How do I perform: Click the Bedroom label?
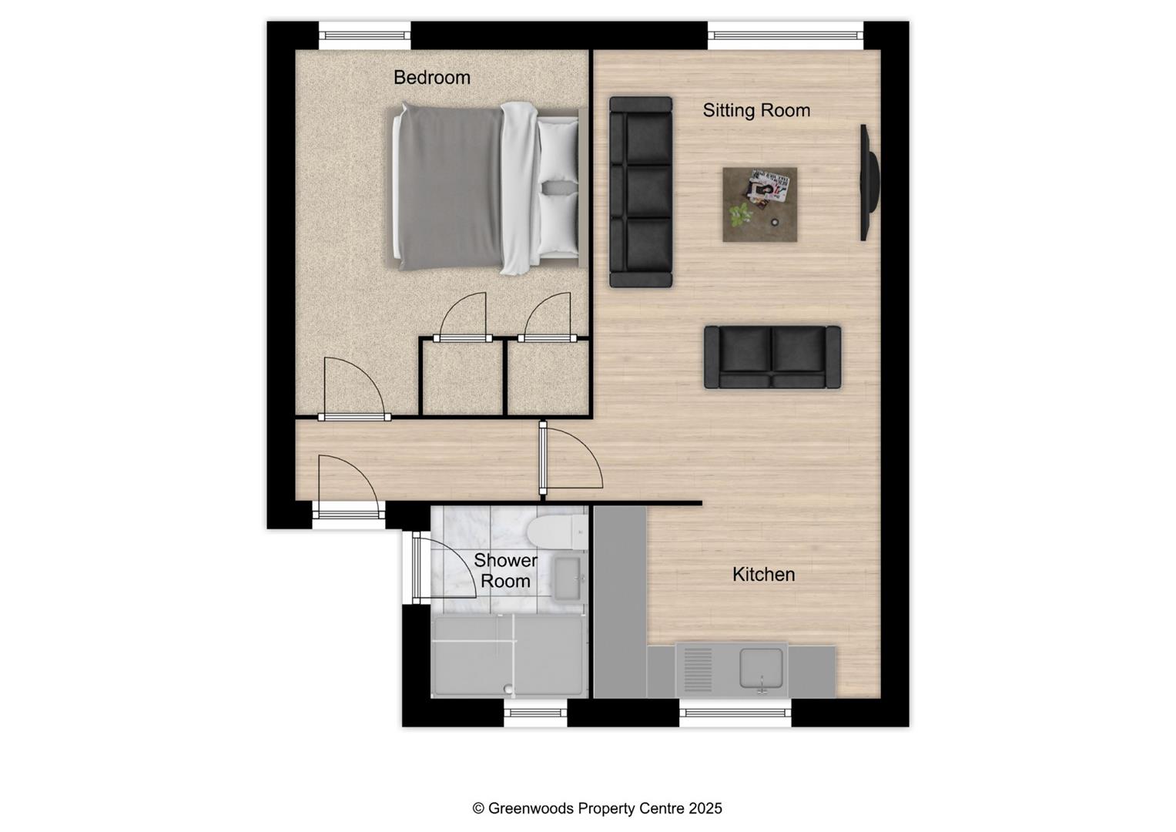click(x=431, y=78)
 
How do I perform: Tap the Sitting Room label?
click(x=756, y=111)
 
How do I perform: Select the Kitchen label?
click(x=763, y=575)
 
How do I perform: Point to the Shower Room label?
click(x=505, y=571)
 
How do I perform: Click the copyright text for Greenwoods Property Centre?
click(x=597, y=808)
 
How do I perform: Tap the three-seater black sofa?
click(x=640, y=192)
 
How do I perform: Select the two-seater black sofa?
click(x=772, y=357)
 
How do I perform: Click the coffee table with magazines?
click(x=759, y=205)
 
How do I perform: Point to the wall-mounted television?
click(x=868, y=183)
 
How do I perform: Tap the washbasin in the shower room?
click(x=569, y=578)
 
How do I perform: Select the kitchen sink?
click(x=761, y=668)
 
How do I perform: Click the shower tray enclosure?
click(x=508, y=656)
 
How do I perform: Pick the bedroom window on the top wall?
click(x=364, y=35)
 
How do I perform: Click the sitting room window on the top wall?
click(x=785, y=35)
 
